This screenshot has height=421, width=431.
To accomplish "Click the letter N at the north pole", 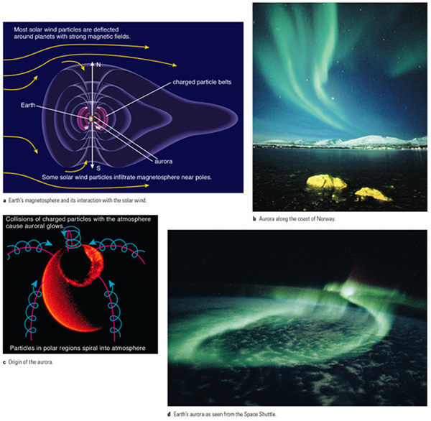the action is click(98, 65).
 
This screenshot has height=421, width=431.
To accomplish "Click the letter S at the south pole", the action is click(98, 168).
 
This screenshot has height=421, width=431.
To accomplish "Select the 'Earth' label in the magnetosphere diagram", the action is click(28, 105).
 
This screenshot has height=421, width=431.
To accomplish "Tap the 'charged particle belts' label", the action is click(202, 82).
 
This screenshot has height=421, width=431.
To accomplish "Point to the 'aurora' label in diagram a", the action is click(164, 162).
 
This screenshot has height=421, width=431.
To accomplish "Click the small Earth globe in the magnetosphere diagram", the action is click(92, 119).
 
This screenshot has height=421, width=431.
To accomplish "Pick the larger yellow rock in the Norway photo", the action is click(326, 182).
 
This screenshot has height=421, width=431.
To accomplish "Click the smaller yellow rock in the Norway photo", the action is click(372, 194).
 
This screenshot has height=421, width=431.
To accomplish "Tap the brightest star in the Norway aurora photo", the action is click(333, 98).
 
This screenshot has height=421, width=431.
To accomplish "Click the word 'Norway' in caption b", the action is click(326, 219).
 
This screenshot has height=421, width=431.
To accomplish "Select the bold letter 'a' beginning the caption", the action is click(5, 200).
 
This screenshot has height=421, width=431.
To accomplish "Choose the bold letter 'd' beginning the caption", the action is click(169, 414).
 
